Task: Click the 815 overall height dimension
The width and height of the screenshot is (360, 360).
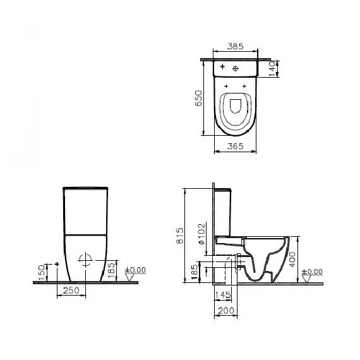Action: [179, 236]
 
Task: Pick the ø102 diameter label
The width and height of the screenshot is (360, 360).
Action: [201, 230]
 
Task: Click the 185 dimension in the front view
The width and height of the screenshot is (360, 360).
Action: [112, 270]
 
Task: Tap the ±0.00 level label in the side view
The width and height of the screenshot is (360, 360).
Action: [312, 272]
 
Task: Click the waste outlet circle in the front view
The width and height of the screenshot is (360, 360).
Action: [86, 259]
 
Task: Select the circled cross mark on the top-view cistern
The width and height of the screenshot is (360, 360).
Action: [236, 68]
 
